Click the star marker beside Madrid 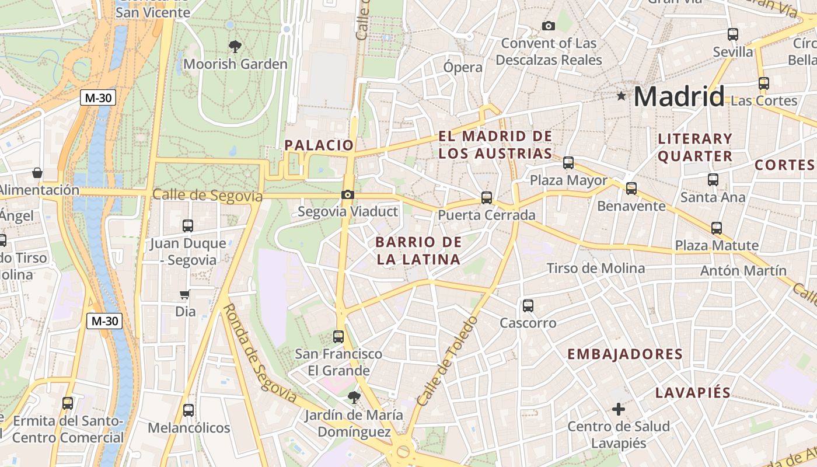(x=622, y=96)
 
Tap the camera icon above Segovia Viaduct (x=348, y=194)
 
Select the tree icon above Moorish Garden (x=235, y=46)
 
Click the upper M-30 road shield (x=98, y=97)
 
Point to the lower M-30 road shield (x=105, y=320)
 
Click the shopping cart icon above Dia (x=185, y=295)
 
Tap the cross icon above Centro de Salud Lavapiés (x=619, y=409)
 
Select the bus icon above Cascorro (x=528, y=305)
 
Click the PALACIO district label (x=319, y=145)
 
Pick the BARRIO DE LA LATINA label (x=418, y=250)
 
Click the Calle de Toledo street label (x=447, y=362)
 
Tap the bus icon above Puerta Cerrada (x=487, y=198)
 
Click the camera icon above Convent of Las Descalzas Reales (x=549, y=26)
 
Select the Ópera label (x=463, y=67)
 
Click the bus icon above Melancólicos (x=188, y=410)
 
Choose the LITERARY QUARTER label (x=694, y=147)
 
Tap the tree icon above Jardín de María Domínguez (x=353, y=398)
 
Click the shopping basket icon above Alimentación (x=37, y=173)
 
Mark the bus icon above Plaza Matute (x=717, y=228)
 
